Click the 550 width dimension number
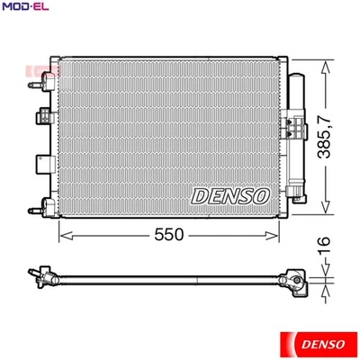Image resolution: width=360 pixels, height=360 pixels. click(168, 233)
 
